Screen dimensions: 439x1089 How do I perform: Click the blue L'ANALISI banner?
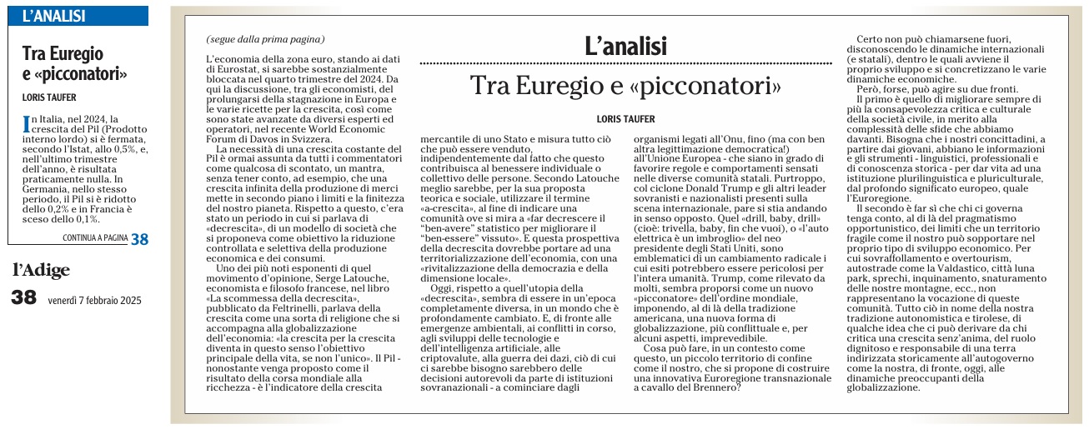[77, 15]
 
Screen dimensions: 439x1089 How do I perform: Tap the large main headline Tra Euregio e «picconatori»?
[625, 86]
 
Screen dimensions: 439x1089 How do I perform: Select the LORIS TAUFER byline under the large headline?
[625, 119]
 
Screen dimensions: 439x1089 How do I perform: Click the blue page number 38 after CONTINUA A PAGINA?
[139, 238]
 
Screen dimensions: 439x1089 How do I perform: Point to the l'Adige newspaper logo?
[42, 269]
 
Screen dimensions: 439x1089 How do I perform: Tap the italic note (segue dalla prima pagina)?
[265, 39]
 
